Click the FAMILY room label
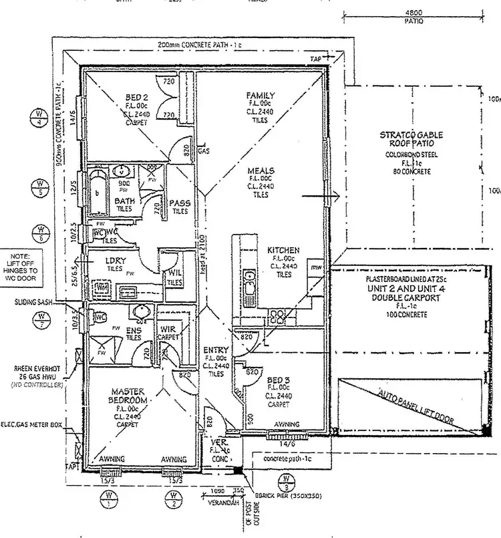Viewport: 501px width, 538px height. click(260, 96)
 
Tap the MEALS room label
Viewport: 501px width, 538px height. click(259, 170)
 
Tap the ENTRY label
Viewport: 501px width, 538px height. click(216, 350)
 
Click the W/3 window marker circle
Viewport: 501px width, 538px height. click(286, 482)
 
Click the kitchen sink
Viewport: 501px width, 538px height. click(249, 283)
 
